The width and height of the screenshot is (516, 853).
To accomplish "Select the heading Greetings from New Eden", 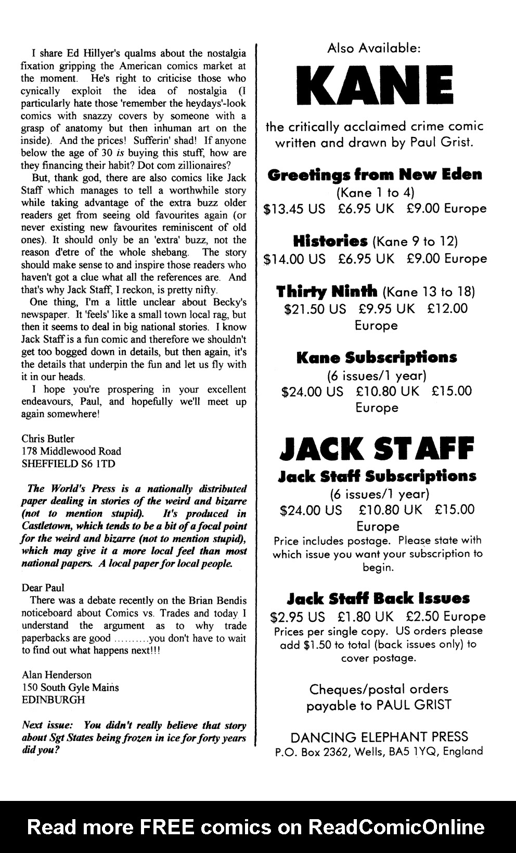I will pyautogui.click(x=375, y=174).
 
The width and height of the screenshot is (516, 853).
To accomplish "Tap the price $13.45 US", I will pyautogui.click(x=294, y=209).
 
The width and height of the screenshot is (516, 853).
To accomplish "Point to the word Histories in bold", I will pyautogui.click(x=330, y=241).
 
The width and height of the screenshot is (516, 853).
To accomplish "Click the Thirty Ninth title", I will pyautogui.click(x=326, y=291).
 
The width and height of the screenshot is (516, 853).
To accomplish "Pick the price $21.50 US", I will pyautogui.click(x=315, y=309).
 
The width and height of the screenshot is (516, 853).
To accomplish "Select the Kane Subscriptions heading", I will pyautogui.click(x=377, y=358).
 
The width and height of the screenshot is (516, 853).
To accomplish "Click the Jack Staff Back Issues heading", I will pyautogui.click(x=378, y=598).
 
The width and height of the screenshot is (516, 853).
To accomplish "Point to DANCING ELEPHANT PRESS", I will pyautogui.click(x=379, y=737).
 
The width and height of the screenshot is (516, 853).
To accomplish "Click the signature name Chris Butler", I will pyautogui.click(x=48, y=438).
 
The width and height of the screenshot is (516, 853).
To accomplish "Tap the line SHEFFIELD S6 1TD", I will pyautogui.click(x=68, y=463).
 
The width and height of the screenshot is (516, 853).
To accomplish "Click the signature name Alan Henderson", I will pyautogui.click(x=57, y=674).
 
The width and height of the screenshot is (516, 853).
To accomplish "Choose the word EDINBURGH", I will pyautogui.click(x=53, y=699).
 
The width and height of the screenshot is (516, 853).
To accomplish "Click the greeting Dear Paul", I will pyautogui.click(x=43, y=587).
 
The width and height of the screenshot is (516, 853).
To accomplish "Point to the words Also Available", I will pyautogui.click(x=374, y=48).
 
